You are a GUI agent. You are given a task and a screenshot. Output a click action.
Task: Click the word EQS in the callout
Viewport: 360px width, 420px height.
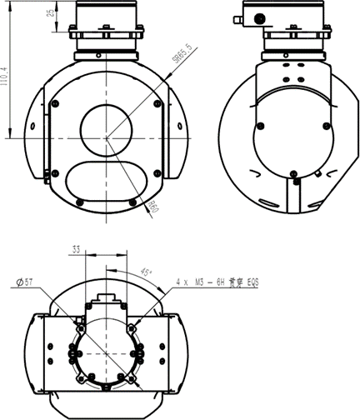coord(249,283)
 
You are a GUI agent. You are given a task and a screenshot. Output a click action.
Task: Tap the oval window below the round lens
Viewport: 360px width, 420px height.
coord(105,177)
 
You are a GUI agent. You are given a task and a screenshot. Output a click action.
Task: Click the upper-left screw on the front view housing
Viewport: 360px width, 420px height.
coord(55,103)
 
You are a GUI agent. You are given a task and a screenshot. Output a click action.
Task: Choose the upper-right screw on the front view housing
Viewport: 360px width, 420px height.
coord(157,102)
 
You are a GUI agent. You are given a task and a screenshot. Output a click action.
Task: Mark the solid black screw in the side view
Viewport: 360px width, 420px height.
coord(294,178)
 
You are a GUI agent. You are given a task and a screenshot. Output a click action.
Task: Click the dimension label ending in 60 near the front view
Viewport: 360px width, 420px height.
coord(153,206)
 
